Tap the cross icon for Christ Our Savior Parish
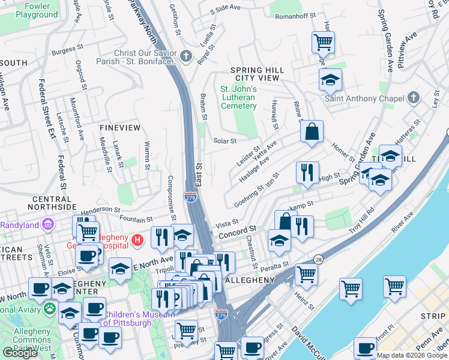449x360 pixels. pos(186,58)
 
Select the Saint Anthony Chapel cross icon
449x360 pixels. pos(413,97)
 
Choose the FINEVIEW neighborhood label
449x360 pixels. pos(119,128)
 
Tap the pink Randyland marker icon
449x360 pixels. pos(49,225)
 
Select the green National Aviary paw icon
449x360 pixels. pos(49,308)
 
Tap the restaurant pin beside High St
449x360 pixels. pos(307,172)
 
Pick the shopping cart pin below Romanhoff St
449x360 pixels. pos(323,43)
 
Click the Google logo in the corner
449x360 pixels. pos(20,353)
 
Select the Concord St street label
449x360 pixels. pos(237,229)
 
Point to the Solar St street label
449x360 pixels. pos(225,141)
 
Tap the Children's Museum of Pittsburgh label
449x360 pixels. pos(138,319)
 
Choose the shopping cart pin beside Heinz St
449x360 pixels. pos(306,274)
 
